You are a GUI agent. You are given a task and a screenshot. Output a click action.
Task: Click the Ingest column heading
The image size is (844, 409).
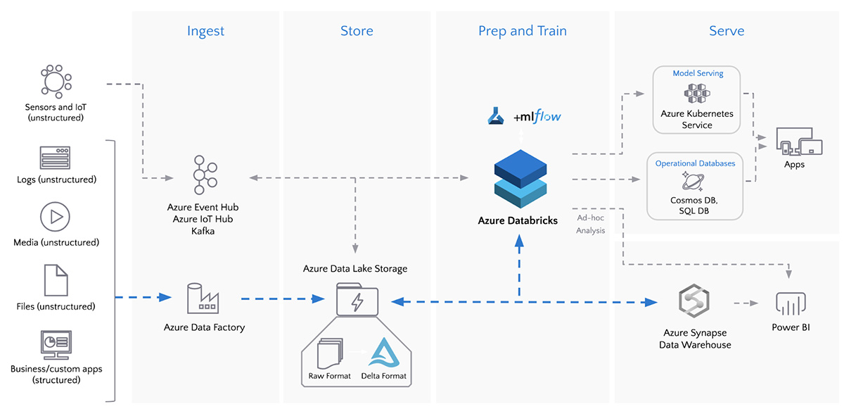(x=205, y=31)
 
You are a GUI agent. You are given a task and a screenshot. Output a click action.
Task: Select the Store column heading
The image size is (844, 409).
(x=357, y=31)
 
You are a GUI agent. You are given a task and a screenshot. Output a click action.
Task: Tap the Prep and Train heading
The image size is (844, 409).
(x=522, y=31)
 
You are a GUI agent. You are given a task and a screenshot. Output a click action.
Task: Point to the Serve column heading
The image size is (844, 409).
(x=727, y=31)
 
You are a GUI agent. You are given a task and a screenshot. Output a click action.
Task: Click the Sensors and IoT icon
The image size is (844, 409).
(x=54, y=81)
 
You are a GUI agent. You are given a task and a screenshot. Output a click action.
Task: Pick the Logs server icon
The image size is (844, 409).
(x=56, y=158)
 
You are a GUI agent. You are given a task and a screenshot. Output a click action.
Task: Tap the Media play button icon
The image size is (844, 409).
(x=56, y=217)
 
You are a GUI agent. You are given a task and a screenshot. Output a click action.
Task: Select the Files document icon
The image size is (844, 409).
(x=56, y=280)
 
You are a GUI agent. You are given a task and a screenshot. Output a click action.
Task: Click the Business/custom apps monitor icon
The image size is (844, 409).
(x=56, y=344)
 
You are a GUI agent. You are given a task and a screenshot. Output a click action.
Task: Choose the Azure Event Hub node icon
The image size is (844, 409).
(x=203, y=175)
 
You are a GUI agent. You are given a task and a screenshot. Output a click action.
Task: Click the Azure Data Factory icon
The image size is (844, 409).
(x=203, y=298)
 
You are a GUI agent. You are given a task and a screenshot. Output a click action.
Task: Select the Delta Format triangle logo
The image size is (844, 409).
(x=383, y=354)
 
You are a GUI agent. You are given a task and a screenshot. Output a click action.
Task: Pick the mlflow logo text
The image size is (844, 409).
(x=538, y=117)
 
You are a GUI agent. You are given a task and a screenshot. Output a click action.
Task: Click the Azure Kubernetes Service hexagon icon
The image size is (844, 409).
(x=696, y=94)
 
